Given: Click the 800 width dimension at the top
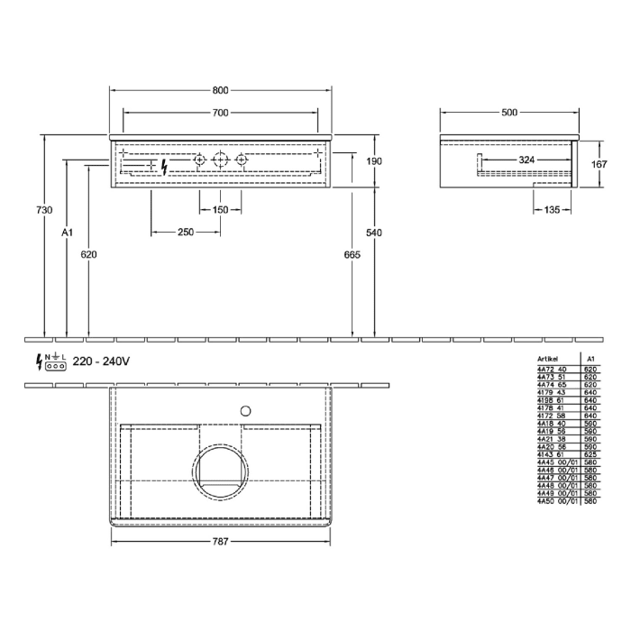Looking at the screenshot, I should [221, 90].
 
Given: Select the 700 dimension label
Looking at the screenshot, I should [221, 113].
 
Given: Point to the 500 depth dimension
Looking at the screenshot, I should [508, 113].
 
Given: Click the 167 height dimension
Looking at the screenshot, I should [597, 164].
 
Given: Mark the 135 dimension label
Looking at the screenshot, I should [552, 209].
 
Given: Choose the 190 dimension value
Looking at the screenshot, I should [375, 161].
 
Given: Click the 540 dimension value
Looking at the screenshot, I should [375, 233].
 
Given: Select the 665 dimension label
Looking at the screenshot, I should [352, 255].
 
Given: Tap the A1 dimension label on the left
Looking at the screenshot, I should [66, 233].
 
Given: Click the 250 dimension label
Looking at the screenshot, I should [186, 233].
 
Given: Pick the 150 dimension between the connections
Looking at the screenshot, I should [220, 210].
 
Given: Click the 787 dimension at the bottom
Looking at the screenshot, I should [221, 542].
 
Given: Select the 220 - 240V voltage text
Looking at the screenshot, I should [102, 361].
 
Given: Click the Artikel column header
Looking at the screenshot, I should [547, 358].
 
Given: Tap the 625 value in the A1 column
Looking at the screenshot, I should [590, 455].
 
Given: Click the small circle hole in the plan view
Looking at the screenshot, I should [242, 411].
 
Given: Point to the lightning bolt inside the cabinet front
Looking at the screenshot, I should [164, 166].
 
